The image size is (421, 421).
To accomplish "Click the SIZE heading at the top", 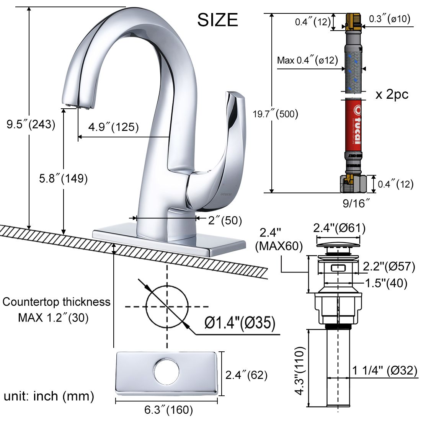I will tap(217, 20).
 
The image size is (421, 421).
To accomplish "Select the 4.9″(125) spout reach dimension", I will tap(114, 127).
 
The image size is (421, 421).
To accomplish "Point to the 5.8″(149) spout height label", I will tap(64, 178).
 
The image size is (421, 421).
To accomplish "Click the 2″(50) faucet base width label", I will tap(225, 220).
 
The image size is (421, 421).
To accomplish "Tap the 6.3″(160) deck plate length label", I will tap(168, 410).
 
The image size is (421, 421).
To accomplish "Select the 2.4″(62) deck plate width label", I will tap(246, 375).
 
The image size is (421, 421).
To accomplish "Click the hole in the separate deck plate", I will tap(166, 371).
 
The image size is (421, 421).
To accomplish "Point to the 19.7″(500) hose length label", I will tap(275, 114).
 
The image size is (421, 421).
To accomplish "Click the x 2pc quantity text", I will tap(392, 94).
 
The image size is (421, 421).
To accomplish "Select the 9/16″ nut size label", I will tap(356, 203).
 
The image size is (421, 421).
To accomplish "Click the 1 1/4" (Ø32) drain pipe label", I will tap(385, 370).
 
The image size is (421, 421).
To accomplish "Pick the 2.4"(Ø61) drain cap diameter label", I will tap(339, 228).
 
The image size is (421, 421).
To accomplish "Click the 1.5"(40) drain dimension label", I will tap(386, 283).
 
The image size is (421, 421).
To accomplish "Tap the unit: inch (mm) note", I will tap(49, 396).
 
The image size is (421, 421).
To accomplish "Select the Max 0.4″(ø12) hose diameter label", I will tap(308, 60).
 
